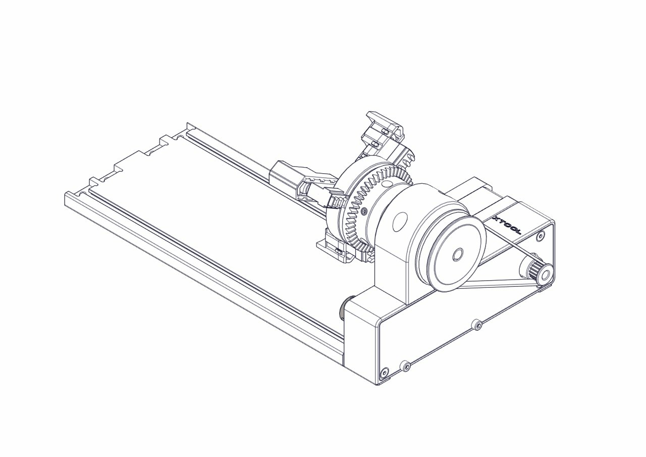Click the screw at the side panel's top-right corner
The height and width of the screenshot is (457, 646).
541,235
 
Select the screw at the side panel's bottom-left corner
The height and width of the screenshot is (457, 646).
385,373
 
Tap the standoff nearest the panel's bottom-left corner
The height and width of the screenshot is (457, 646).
405,366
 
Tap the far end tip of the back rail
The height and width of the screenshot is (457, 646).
188,125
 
